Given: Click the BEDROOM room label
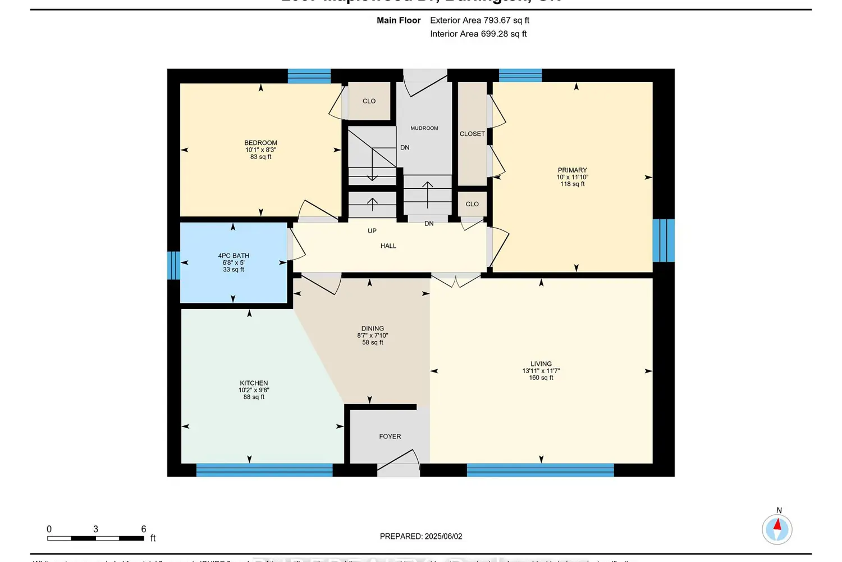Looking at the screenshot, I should [260, 143].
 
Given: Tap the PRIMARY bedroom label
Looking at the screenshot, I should [572, 170].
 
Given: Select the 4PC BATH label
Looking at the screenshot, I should [234, 256].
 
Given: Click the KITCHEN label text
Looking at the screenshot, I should [254, 383].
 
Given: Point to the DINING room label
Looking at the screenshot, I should [373, 329].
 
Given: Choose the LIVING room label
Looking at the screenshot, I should [541, 364].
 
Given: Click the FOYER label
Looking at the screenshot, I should [390, 437].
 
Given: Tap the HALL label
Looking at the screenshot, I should [388, 246].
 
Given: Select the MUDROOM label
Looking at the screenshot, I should [424, 128].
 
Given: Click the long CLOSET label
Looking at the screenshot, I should [472, 134].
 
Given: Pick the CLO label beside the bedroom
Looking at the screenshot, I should [369, 101].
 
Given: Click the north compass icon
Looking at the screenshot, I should [777, 529].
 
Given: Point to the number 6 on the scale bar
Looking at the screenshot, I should [144, 529].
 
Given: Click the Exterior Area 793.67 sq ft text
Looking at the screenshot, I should [480, 20].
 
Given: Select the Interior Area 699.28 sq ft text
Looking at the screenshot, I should [478, 34].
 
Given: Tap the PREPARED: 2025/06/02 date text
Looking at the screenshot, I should [421, 537].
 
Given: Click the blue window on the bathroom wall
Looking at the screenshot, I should [173, 265].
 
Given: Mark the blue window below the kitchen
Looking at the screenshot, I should [264, 470].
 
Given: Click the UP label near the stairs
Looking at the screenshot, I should [372, 231].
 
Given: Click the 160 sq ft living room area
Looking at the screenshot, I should [541, 378].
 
